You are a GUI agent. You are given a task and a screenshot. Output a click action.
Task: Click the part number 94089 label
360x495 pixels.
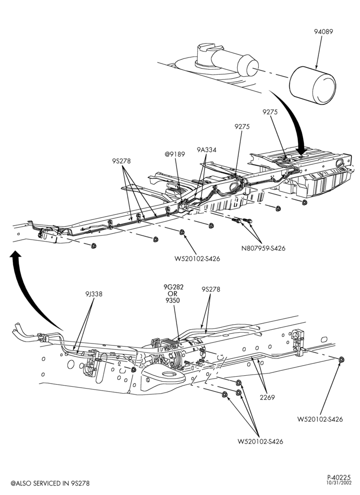(323, 32)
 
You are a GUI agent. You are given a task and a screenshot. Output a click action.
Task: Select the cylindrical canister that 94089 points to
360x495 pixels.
(313, 86)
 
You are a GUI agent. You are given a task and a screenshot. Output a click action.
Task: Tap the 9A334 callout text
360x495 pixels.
(207, 149)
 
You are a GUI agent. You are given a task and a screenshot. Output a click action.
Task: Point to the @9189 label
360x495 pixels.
(175, 154)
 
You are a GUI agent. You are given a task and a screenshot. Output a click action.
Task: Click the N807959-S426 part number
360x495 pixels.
(263, 248)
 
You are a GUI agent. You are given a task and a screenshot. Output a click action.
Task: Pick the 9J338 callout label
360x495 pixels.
(93, 294)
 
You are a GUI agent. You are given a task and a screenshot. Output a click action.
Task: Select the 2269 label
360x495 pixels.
(267, 398)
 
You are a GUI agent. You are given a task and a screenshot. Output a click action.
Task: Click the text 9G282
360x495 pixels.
(174, 287)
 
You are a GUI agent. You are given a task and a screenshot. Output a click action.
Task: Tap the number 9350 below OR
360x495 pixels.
(173, 300)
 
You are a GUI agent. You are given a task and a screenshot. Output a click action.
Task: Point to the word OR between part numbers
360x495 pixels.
(173, 294)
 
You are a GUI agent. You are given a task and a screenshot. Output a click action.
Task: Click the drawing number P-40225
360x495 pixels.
(339, 477)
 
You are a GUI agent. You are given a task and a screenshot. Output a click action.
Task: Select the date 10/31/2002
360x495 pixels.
(339, 483)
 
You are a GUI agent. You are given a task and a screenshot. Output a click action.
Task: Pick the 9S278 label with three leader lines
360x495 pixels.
(121, 161)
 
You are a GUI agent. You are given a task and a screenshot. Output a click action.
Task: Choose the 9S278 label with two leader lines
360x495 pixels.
(211, 289)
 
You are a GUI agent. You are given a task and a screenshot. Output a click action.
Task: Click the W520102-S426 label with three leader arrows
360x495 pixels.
(261, 442)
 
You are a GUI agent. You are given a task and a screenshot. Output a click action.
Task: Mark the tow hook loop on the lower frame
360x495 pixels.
(164, 376)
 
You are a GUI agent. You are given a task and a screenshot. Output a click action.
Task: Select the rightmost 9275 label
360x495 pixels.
(270, 112)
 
